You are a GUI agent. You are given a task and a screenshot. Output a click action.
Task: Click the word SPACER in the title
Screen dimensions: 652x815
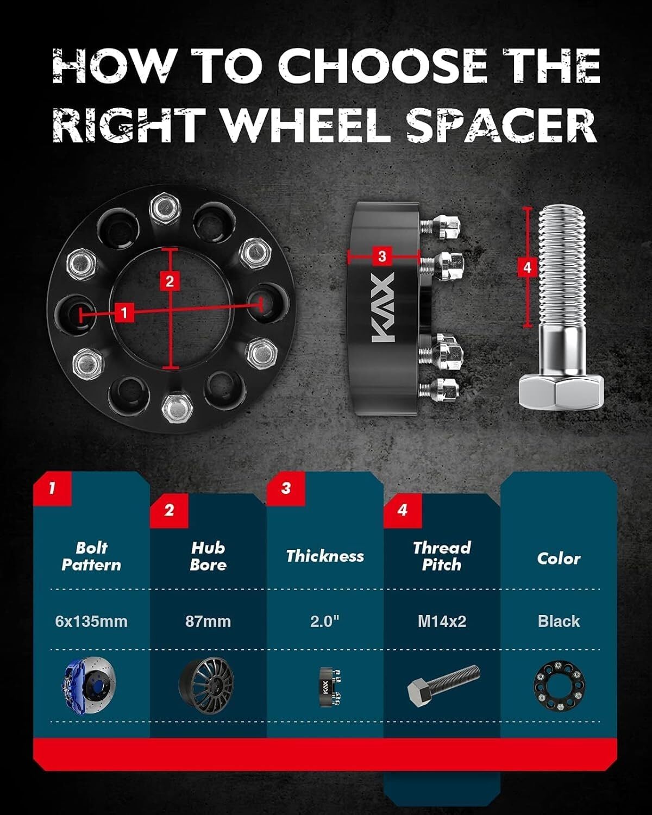click(x=502, y=124)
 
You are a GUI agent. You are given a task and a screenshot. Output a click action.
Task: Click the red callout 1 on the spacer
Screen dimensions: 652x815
click(x=123, y=313)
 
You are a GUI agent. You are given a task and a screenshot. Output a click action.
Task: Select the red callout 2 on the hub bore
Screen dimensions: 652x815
click(x=170, y=281)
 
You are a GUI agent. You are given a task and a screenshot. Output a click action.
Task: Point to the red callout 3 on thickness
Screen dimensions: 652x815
click(x=382, y=256)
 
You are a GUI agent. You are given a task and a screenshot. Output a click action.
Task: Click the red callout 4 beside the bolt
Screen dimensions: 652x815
click(x=528, y=268)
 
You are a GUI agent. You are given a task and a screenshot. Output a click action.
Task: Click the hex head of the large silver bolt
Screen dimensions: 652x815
click(x=561, y=391)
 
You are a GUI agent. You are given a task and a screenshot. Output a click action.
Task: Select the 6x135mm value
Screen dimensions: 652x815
click(x=91, y=622)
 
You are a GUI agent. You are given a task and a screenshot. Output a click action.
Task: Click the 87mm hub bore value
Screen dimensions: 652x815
click(x=208, y=622)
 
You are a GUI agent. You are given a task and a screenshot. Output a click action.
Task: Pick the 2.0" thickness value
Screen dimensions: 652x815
click(x=325, y=622)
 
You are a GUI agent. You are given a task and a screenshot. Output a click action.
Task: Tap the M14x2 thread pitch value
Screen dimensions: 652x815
click(x=442, y=622)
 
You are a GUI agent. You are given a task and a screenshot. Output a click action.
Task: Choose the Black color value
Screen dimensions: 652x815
click(x=559, y=622)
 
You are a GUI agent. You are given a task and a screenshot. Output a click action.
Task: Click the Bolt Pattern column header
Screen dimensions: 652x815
click(x=91, y=556)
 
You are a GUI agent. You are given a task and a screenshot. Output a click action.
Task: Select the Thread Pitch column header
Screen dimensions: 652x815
click(x=442, y=556)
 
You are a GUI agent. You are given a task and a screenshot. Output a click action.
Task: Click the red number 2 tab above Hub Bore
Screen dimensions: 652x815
click(x=169, y=510)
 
